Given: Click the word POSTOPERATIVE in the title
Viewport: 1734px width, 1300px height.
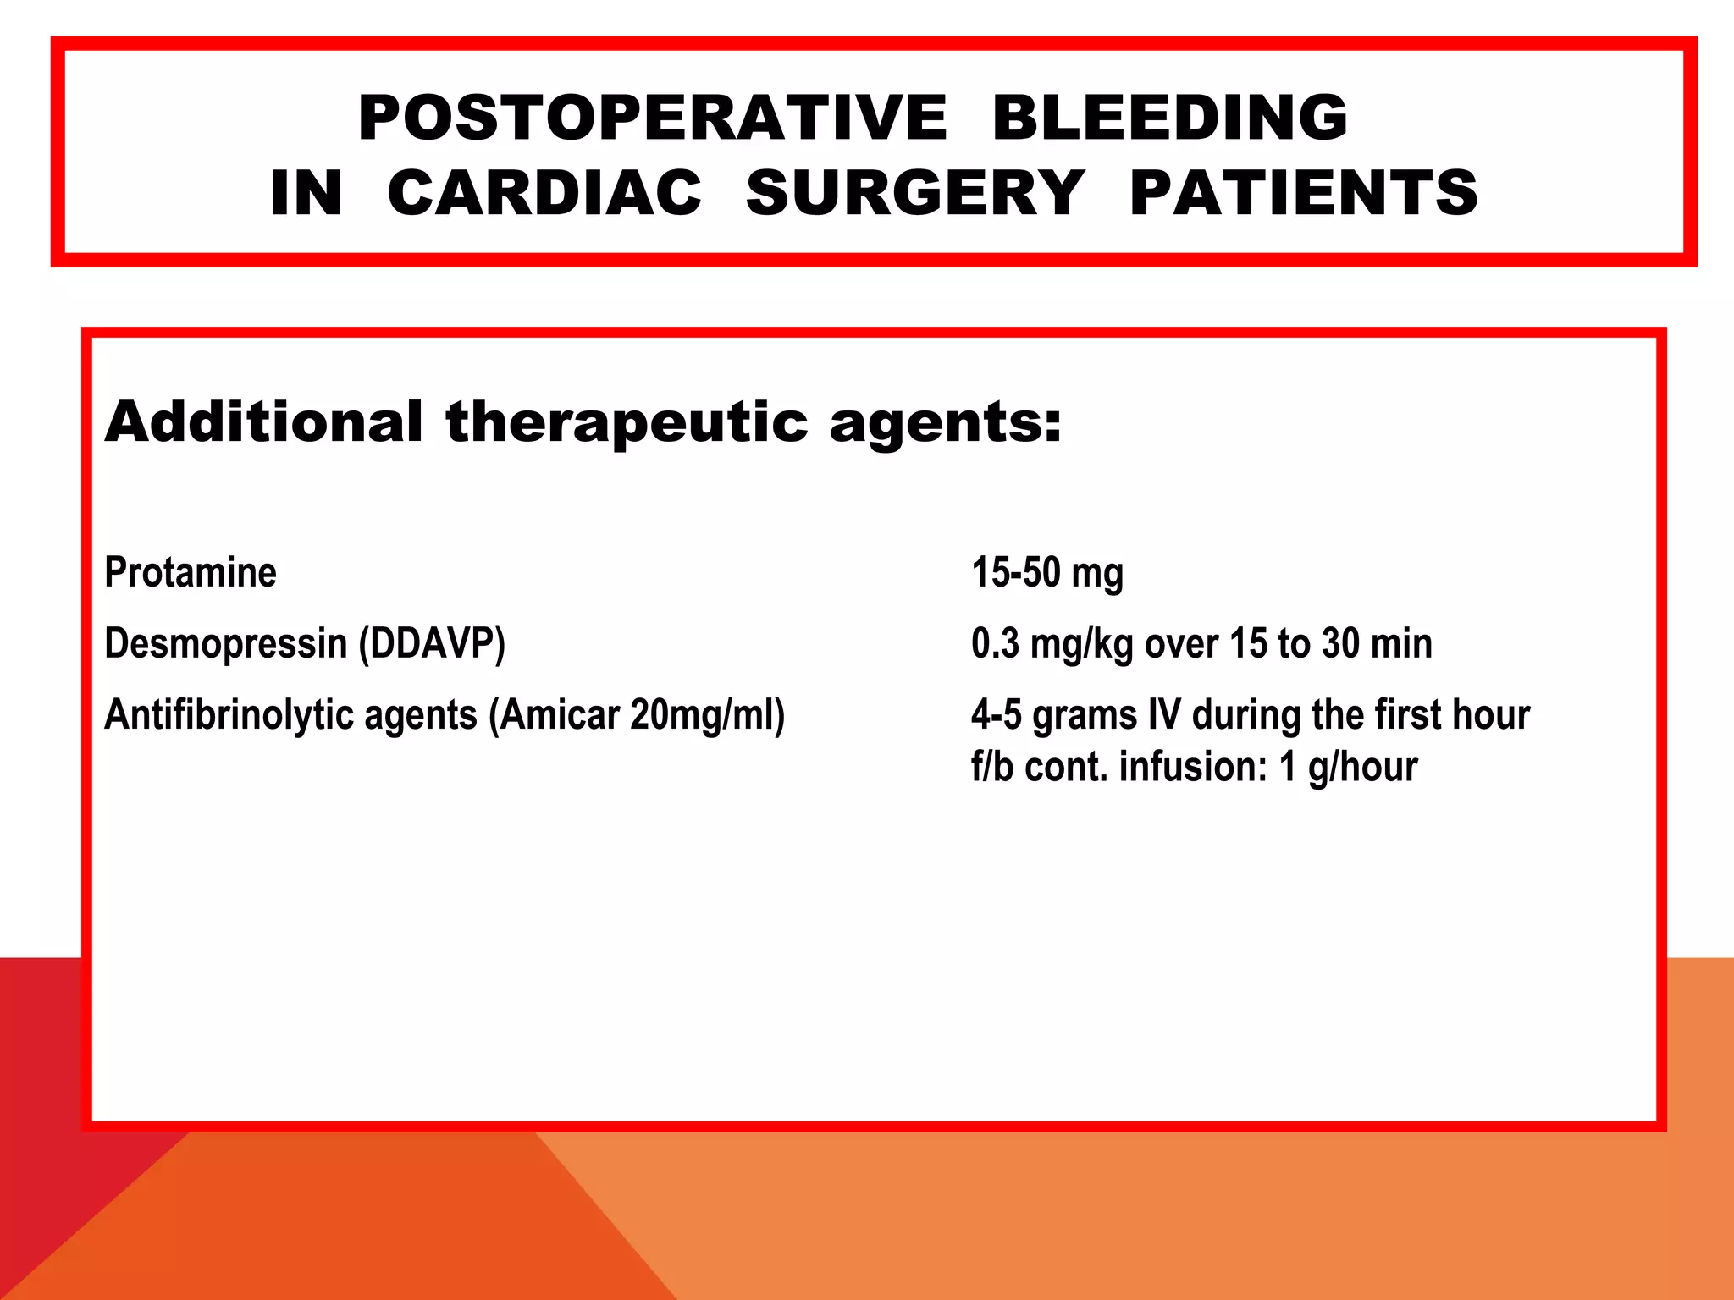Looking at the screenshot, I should pos(652,118).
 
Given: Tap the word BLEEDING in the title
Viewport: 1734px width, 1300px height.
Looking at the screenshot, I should pos(1169,118).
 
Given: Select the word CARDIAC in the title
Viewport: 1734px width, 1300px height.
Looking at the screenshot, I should pos(544,193).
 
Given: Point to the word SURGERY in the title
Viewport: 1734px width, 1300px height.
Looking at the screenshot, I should pos(914,193).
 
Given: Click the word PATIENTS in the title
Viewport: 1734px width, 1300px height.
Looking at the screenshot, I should pos(1304,193).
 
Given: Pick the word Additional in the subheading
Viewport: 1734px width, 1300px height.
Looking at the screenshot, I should pos(263,421).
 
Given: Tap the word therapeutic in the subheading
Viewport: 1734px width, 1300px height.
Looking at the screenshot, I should pos(627,423).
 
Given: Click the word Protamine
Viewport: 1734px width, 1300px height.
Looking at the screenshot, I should pos(191,572).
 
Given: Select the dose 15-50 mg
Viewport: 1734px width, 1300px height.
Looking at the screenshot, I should pos(1047,573).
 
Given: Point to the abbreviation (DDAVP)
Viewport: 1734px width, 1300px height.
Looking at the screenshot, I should pos(432,644).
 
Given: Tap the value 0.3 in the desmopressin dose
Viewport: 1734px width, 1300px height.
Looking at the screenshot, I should pos(995,644).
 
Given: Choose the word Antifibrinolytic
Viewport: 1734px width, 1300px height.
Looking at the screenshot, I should pos(229,715).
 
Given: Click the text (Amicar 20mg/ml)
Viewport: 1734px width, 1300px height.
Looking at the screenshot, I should pos(637,715).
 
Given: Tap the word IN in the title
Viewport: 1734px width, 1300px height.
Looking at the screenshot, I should pos(306,193).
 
